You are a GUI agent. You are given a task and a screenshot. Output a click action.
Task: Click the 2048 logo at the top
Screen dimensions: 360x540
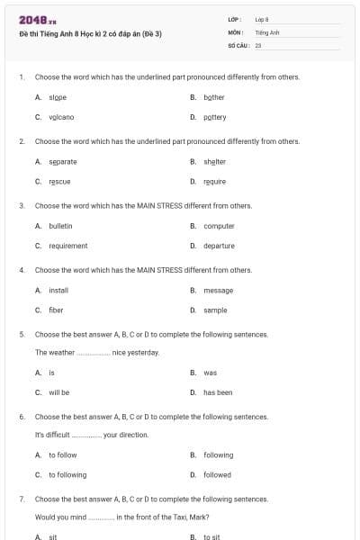coord(31,20)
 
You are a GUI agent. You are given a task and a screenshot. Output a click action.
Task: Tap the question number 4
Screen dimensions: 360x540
coord(22,269)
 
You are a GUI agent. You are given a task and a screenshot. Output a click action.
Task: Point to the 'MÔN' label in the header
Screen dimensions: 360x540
coord(236,31)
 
